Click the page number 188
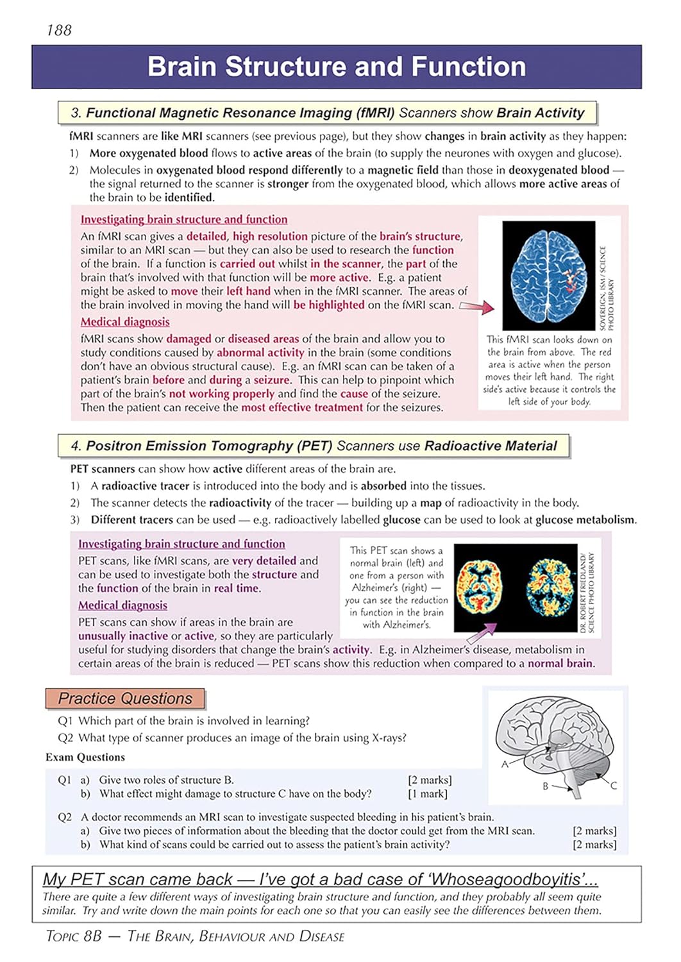[x=59, y=30]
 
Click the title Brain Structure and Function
[x=337, y=67]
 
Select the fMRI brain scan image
[x=548, y=275]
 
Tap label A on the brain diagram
[x=505, y=764]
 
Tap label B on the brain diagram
[x=546, y=786]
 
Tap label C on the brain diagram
[x=613, y=786]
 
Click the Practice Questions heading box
[x=125, y=698]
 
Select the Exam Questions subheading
[x=85, y=757]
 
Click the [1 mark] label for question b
[x=428, y=794]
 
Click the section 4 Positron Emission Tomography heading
[x=314, y=446]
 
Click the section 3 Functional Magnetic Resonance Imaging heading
[x=327, y=113]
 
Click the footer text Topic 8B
[x=74, y=936]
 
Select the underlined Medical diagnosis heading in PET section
[x=122, y=605]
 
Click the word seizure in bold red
[x=273, y=380]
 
